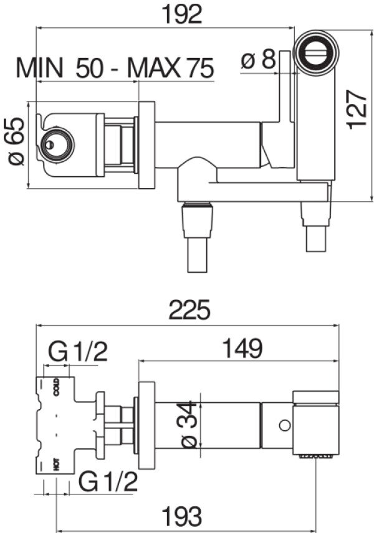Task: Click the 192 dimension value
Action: (182, 14)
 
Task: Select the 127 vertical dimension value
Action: (357, 110)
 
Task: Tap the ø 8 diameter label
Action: (258, 60)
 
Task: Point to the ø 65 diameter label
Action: (17, 141)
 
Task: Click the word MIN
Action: (39, 68)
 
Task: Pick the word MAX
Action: (153, 68)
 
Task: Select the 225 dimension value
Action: (189, 309)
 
